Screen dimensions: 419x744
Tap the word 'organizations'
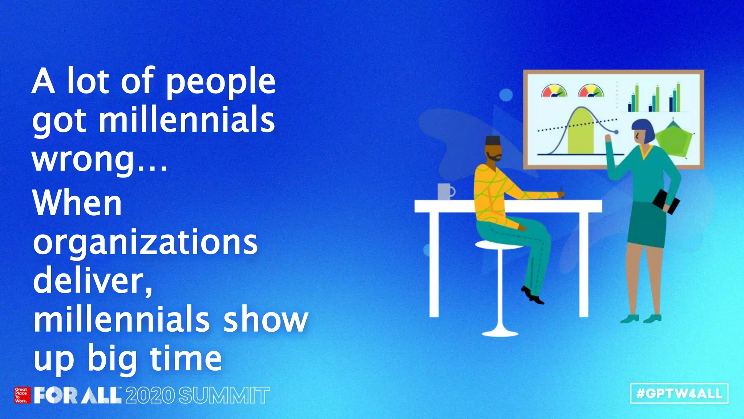(145, 242)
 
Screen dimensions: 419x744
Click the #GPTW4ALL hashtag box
(679, 394)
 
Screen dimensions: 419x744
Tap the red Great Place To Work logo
(21, 395)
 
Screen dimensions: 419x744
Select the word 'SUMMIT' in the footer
(224, 395)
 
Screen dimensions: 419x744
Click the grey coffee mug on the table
(445, 191)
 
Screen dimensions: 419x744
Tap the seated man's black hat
(493, 140)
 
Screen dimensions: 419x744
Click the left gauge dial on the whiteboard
(554, 91)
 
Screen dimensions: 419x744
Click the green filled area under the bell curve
(581, 135)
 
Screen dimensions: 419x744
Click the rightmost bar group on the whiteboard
(675, 98)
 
